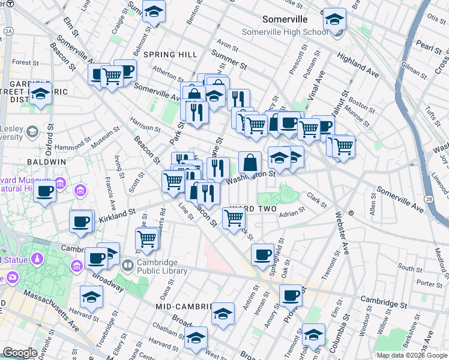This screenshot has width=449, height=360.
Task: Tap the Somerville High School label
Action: click(x=285, y=32)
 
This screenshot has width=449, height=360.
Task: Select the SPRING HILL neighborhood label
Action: click(x=170, y=55)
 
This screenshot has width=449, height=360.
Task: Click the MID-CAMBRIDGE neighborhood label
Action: click(x=184, y=306)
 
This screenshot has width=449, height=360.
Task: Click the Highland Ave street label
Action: click(x=358, y=65)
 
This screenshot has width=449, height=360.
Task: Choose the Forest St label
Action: click(x=25, y=62)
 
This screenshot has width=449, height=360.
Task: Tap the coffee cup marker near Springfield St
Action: click(x=262, y=254)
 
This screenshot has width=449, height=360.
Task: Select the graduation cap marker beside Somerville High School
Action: click(x=334, y=19)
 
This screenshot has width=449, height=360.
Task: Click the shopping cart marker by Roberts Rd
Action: click(x=147, y=238)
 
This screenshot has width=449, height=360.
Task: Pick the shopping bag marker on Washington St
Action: click(x=250, y=161)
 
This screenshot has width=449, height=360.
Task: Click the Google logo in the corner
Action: click(x=20, y=353)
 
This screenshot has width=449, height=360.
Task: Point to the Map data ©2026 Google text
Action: click(x=412, y=355)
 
